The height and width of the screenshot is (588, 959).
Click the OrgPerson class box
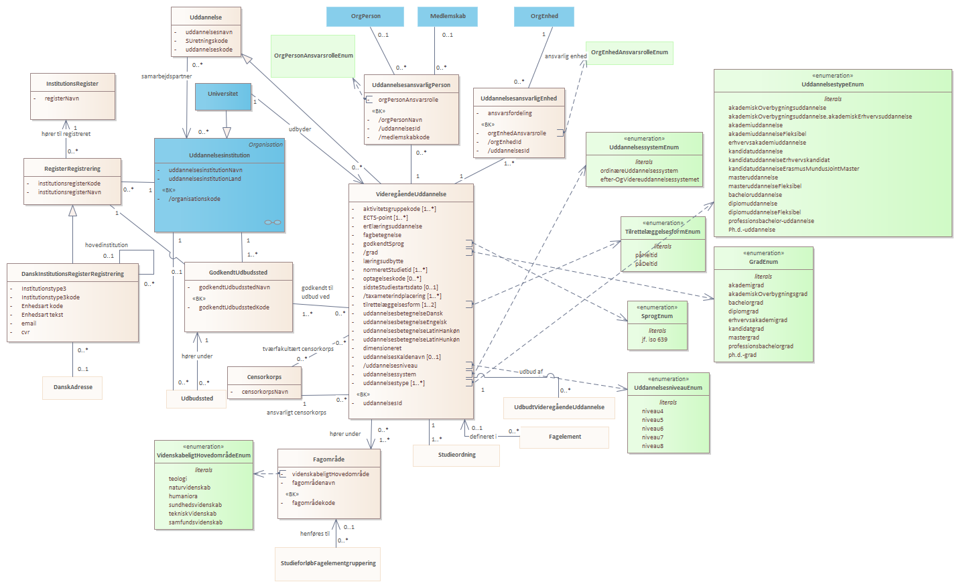point(365,17)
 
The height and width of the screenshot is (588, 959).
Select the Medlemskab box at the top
point(448,17)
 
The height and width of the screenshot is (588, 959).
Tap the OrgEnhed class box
point(544,17)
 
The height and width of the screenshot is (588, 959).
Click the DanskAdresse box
point(72,388)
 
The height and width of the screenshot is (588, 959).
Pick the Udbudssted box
point(196,399)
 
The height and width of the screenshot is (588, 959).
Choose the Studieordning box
point(456,455)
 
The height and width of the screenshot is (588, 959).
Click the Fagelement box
point(564,437)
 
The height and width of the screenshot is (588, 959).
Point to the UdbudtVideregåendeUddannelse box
point(559,408)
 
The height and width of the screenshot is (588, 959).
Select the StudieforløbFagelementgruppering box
point(328,564)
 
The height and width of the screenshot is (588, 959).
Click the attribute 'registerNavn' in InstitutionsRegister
point(62,98)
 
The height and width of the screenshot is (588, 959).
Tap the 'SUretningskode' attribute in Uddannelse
point(206,41)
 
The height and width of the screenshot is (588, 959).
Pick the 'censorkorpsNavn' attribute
point(265,392)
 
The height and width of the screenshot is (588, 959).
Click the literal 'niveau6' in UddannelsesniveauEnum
point(653,429)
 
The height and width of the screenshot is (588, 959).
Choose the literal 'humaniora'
point(183,496)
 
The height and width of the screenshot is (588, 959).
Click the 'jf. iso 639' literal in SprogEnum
point(654,340)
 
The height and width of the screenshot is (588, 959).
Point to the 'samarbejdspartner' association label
point(167,76)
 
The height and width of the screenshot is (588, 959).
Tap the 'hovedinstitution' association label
point(106,245)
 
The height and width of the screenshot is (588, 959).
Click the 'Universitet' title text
point(222,94)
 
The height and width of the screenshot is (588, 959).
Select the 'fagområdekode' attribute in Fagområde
point(314,503)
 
